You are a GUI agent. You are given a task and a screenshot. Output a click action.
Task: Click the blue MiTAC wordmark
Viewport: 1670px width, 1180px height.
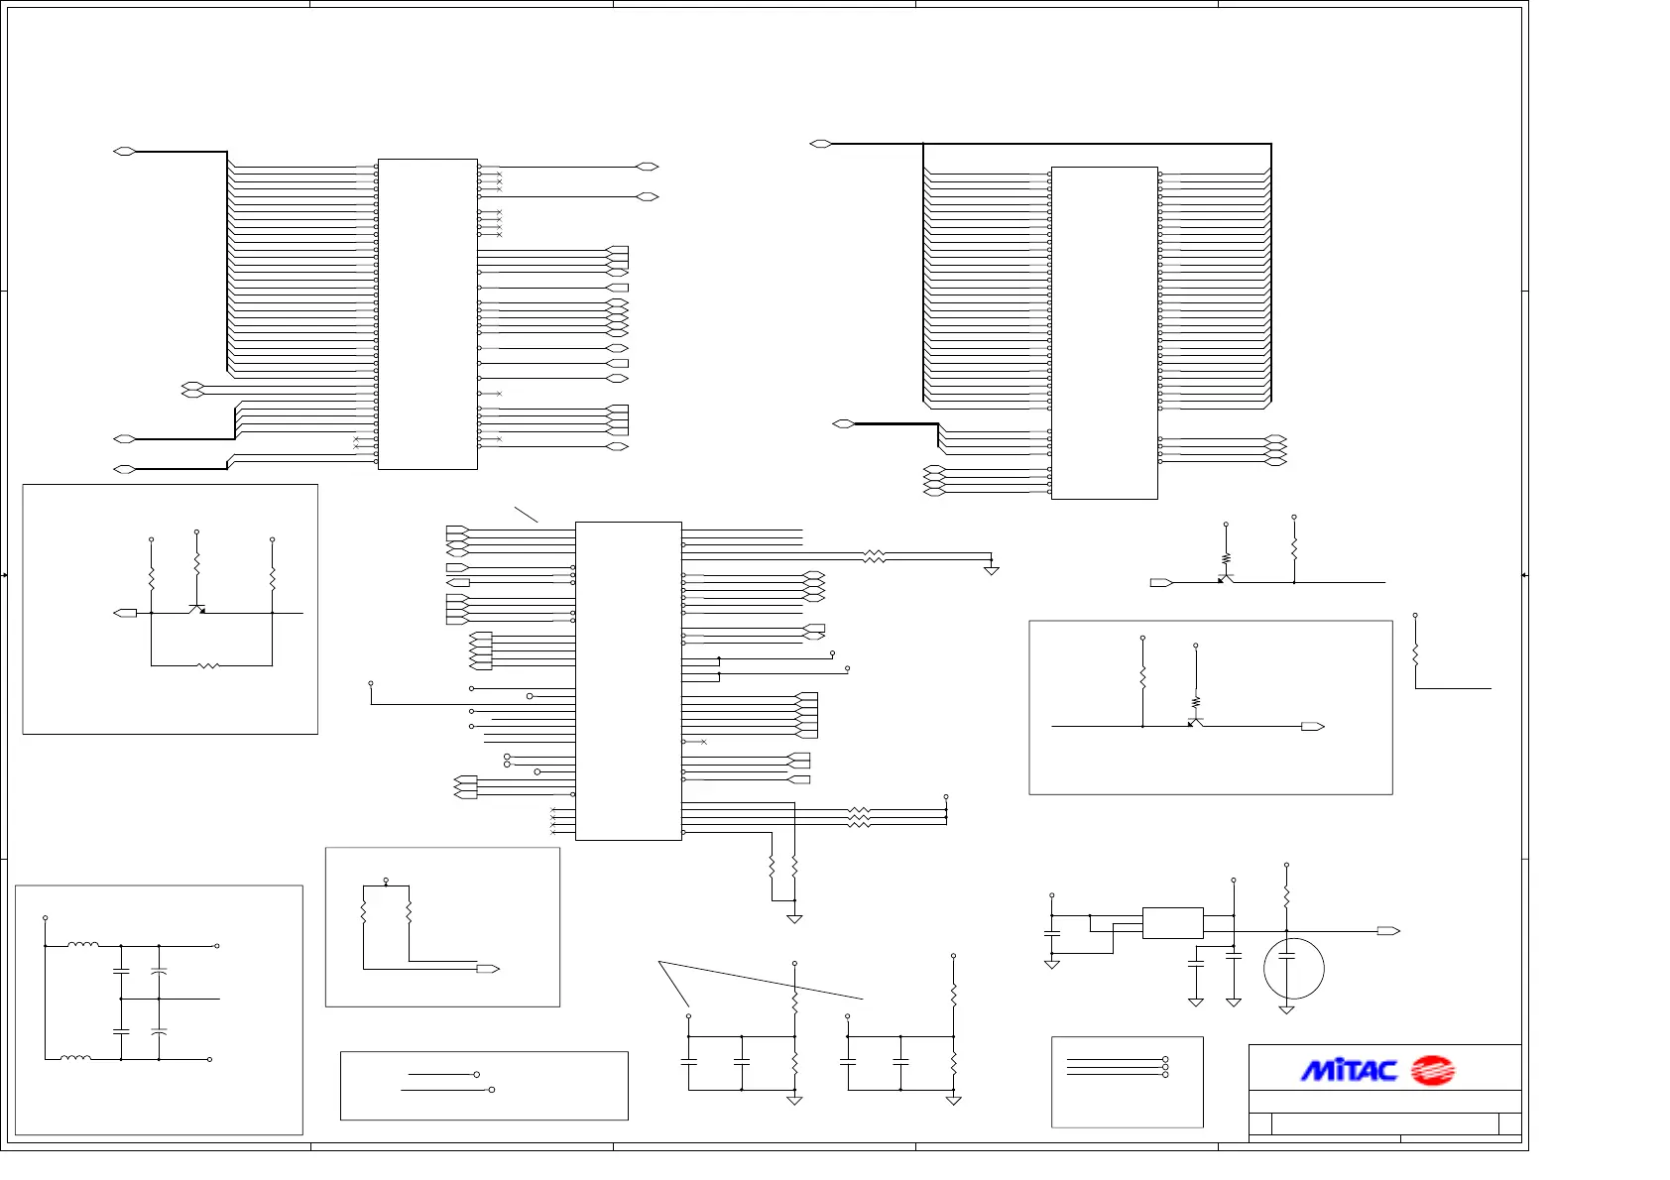1349,1071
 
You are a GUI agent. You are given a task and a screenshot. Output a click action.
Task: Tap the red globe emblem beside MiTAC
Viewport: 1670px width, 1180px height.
1432,1071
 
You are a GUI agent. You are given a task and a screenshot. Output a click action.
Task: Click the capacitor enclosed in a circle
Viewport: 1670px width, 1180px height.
1293,969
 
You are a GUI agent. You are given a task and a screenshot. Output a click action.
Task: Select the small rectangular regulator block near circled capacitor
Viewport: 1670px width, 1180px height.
1172,923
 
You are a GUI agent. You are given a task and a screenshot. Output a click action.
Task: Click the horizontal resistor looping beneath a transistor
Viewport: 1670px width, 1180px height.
208,665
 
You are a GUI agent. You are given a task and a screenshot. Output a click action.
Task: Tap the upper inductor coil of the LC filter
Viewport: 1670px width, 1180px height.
83,945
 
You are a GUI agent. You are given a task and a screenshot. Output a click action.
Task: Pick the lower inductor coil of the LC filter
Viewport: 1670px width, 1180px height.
76,1058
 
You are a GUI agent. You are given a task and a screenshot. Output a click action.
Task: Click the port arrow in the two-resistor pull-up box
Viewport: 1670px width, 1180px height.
487,969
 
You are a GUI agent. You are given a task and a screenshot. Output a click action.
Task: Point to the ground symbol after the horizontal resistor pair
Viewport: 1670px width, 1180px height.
991,570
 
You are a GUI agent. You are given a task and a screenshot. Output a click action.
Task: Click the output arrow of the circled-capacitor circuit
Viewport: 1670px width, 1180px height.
1388,931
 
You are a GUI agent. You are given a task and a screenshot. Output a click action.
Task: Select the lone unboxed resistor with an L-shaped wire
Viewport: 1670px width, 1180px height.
1415,654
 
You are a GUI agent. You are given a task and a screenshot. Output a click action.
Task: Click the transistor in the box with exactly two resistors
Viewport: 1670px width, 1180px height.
1195,723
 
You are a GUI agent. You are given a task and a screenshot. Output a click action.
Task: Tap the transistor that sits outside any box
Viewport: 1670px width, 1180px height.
1226,578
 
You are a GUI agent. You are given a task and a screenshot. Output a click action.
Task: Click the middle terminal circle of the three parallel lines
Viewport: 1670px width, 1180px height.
1165,1067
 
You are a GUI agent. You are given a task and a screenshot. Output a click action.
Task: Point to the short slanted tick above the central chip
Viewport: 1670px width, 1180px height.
526,514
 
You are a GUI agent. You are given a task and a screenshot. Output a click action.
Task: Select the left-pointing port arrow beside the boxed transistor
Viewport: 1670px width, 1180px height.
126,613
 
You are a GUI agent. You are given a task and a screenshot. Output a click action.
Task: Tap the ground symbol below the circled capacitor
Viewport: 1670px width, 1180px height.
1286,1009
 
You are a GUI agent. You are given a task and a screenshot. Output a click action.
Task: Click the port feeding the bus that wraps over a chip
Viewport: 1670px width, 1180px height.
820,144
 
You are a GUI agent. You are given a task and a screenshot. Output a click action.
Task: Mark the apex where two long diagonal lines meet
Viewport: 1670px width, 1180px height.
659,962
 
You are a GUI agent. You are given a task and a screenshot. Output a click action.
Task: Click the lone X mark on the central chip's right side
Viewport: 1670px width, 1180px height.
703,742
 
